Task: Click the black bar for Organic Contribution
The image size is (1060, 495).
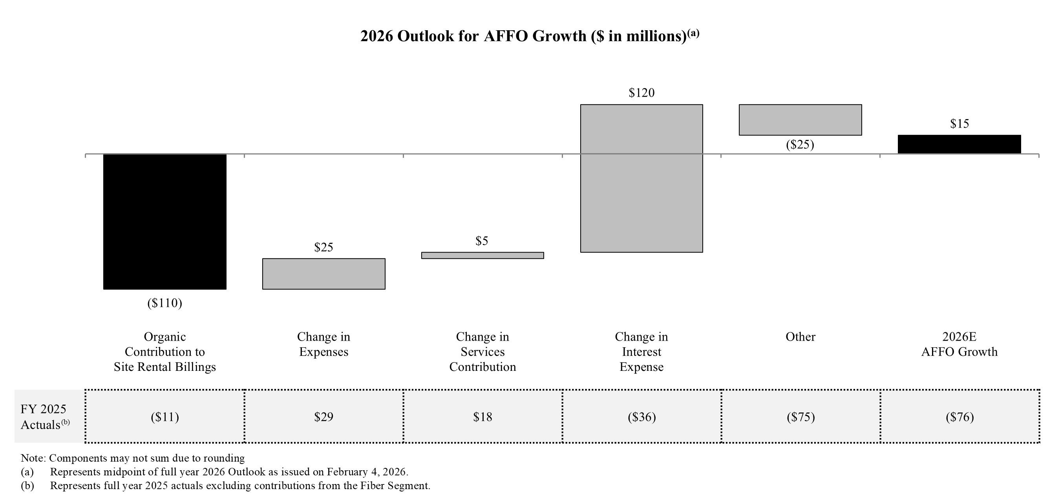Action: (x=164, y=222)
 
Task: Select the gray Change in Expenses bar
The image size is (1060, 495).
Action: (x=323, y=274)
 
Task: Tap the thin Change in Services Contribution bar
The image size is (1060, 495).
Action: (x=482, y=255)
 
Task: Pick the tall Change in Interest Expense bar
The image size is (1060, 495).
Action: (x=641, y=178)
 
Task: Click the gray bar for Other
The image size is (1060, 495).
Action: (x=800, y=120)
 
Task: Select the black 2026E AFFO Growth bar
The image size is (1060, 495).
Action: (x=959, y=144)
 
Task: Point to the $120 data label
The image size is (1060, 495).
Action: (x=641, y=93)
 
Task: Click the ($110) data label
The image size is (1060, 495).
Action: (x=164, y=304)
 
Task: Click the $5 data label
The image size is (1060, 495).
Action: (x=482, y=241)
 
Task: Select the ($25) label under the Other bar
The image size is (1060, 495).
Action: (x=800, y=145)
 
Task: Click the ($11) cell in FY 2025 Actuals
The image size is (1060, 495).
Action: (x=164, y=417)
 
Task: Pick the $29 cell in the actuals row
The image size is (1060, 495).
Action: (x=323, y=417)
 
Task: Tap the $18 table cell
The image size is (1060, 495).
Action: (x=482, y=417)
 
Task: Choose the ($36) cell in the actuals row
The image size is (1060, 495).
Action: (x=641, y=417)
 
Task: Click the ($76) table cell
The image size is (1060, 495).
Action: (x=959, y=417)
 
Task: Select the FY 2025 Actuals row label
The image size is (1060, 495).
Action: (x=44, y=417)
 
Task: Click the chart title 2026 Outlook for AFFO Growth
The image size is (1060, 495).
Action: (x=529, y=36)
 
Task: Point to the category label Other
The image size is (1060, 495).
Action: (x=800, y=337)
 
